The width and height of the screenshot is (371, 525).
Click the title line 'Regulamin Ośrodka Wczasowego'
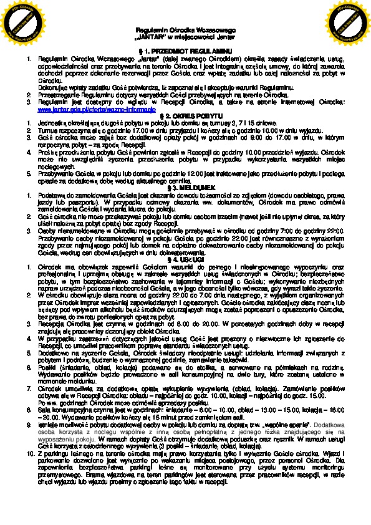pos(185,31)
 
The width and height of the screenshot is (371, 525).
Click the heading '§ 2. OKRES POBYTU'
pos(185,116)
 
